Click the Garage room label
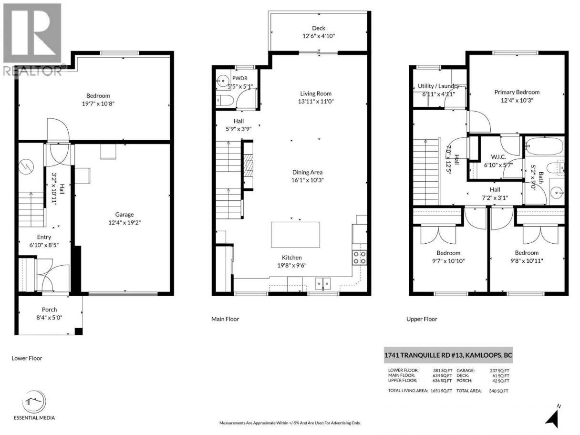tap(124, 215)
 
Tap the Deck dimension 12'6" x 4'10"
tap(319, 36)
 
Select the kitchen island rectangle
tap(295, 235)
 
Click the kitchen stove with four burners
tap(359, 258)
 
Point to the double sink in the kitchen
tap(322, 284)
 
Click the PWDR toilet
tap(225, 100)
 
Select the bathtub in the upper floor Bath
tap(544, 146)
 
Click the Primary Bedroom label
tap(517, 92)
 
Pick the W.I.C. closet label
tap(498, 157)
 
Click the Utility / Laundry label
tap(438, 86)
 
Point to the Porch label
tap(50, 309)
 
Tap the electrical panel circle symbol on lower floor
tap(26, 166)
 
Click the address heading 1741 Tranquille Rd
tap(448, 355)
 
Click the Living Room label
tap(315, 93)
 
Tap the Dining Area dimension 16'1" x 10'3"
tap(307, 180)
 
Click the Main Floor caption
tap(225, 319)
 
